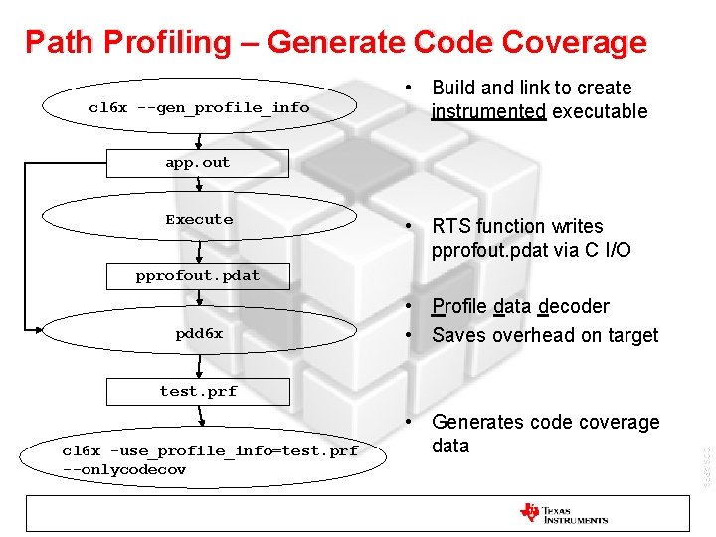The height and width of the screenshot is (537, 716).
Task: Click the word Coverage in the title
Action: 575,42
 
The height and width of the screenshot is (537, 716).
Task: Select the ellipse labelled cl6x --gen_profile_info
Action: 199,107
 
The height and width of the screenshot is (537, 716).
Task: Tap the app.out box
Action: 198,163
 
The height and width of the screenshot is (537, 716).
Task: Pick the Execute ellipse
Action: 199,220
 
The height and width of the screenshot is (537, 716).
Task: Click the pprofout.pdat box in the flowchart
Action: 198,275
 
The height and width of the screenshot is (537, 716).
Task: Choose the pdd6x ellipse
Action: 199,334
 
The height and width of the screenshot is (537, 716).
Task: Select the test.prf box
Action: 198,391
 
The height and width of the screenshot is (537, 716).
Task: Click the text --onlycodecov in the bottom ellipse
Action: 124,469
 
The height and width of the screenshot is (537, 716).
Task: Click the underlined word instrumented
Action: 488,111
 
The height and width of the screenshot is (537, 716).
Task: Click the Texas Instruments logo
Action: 563,514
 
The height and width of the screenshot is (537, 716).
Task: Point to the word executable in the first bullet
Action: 600,111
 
